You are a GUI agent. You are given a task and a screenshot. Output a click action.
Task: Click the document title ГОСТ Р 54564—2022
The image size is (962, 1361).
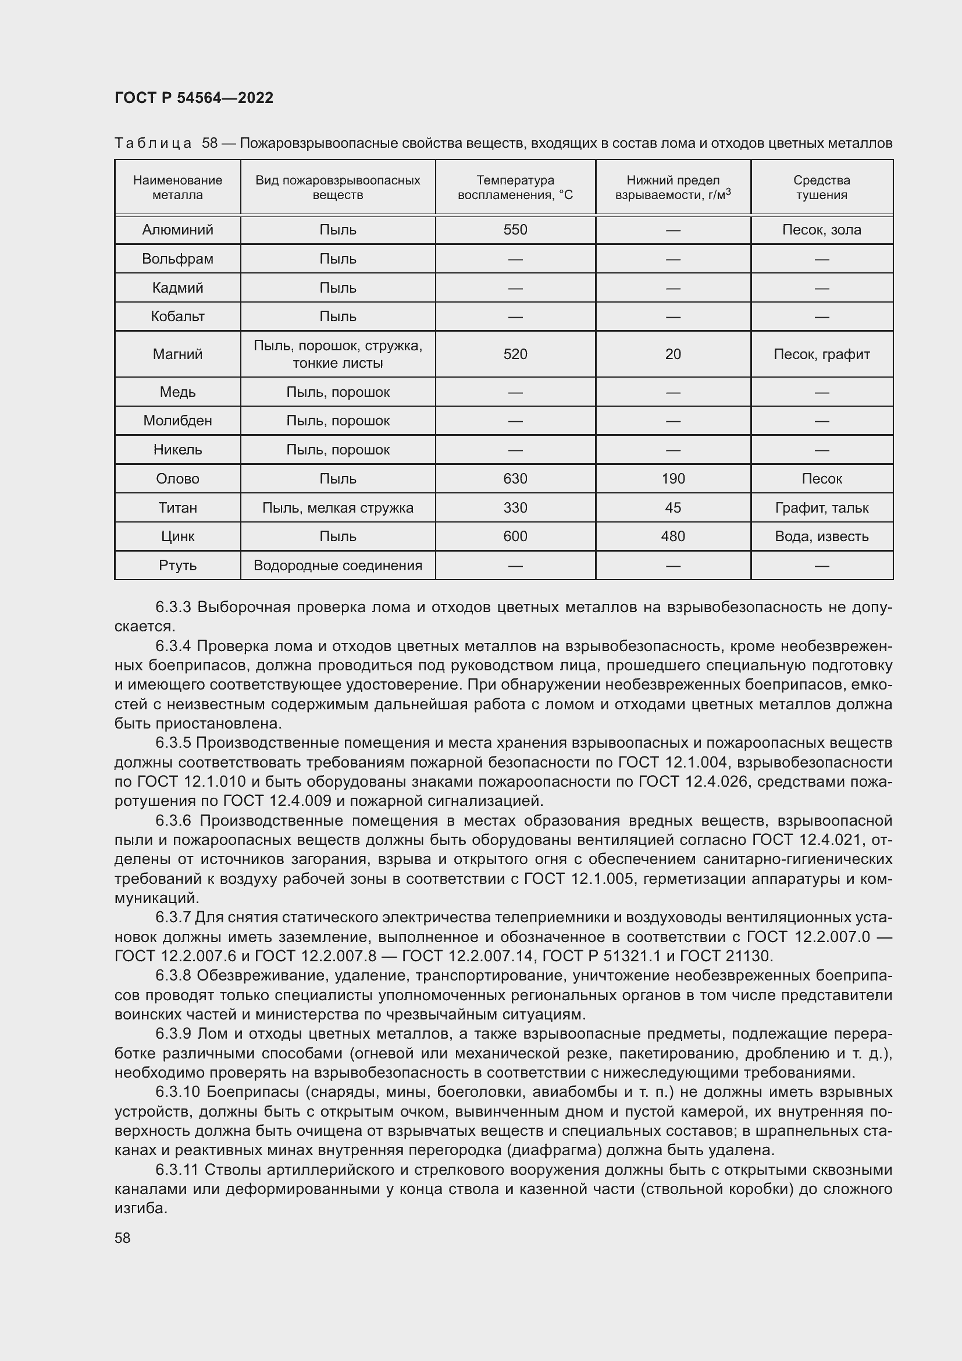click(x=194, y=98)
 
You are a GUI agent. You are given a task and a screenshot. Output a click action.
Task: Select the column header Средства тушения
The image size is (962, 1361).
click(x=821, y=187)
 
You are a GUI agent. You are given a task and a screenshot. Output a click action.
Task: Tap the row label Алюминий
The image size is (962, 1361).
click(x=177, y=230)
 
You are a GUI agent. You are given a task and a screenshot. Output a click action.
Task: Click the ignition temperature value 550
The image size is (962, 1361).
click(x=515, y=230)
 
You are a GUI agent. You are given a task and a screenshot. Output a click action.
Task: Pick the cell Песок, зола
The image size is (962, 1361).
click(x=821, y=230)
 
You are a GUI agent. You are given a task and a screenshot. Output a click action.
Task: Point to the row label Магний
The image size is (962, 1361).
click(x=177, y=354)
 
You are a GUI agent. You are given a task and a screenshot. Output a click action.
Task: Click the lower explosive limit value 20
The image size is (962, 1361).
click(x=672, y=354)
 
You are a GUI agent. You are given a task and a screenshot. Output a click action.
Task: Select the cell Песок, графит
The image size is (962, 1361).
click(x=821, y=354)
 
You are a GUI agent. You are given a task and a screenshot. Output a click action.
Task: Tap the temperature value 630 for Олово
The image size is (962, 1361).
click(x=515, y=479)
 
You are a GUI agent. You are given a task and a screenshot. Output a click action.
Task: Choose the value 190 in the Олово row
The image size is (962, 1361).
click(x=672, y=479)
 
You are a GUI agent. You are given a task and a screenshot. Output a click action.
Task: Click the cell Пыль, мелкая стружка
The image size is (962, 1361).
click(x=338, y=508)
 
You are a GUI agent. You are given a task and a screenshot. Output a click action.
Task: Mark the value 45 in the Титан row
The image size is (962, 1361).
click(x=672, y=508)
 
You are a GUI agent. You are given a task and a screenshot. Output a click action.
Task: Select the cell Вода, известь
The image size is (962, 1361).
click(x=821, y=536)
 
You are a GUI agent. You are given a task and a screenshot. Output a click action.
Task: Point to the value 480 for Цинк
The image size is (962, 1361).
click(x=672, y=536)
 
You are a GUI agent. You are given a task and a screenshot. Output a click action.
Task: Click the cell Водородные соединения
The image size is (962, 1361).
click(x=338, y=566)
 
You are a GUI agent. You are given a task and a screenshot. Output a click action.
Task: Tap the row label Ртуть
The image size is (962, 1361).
click(x=177, y=566)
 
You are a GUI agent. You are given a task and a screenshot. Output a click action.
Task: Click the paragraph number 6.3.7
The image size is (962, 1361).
click(x=172, y=918)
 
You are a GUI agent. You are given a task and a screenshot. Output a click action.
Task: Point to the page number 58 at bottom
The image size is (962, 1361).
click(x=123, y=1238)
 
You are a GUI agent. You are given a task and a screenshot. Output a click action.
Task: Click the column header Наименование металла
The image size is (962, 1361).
click(x=177, y=187)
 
